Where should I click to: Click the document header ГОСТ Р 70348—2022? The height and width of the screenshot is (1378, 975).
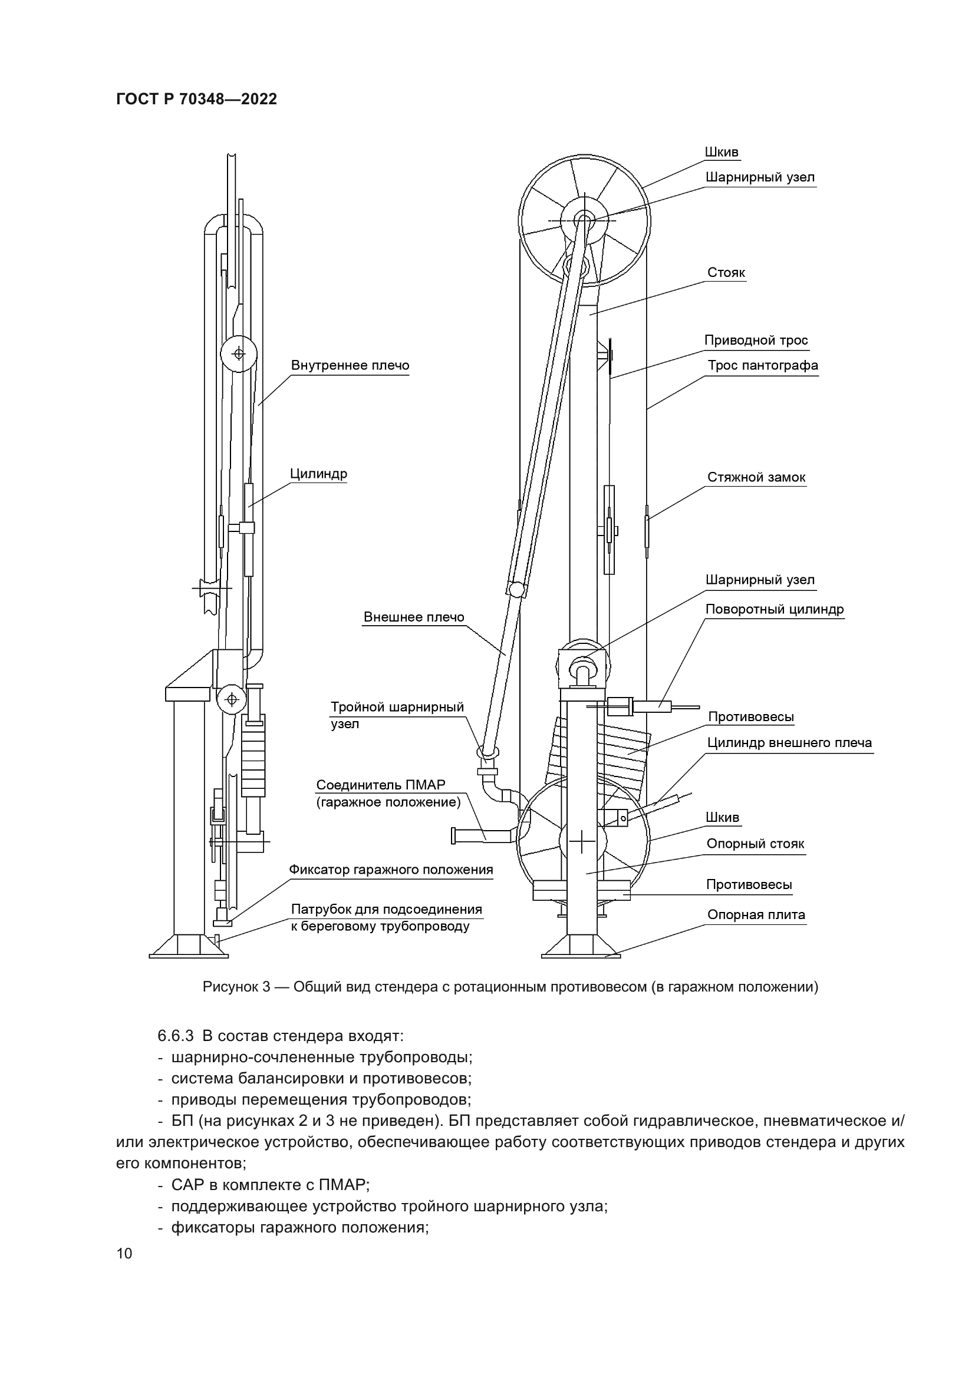(196, 100)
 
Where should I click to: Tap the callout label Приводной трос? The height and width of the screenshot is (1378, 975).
(756, 341)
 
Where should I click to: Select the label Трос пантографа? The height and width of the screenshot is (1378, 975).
(762, 365)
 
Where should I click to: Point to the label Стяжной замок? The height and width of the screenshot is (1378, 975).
(756, 477)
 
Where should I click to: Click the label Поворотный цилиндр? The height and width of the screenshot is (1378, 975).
(775, 609)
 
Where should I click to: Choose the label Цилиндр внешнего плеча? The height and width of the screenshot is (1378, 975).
(789, 742)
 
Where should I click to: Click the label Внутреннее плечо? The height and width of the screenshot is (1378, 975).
(350, 365)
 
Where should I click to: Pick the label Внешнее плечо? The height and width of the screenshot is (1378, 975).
(414, 617)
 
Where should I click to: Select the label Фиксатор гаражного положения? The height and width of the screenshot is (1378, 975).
(391, 870)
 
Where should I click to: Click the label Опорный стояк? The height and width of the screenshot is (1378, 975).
(755, 844)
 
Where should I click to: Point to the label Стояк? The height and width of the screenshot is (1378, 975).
(726, 273)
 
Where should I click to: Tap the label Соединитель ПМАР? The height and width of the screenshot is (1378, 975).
(381, 785)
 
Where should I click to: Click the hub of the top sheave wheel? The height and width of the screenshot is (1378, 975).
(583, 220)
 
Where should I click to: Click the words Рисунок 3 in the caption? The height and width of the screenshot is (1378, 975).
(236, 987)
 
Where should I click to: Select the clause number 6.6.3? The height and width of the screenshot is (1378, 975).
(175, 1036)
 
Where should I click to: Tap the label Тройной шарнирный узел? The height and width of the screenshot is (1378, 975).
(397, 707)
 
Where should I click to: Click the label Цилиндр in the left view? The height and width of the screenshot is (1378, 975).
(318, 474)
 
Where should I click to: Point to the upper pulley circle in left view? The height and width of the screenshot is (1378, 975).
(238, 354)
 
